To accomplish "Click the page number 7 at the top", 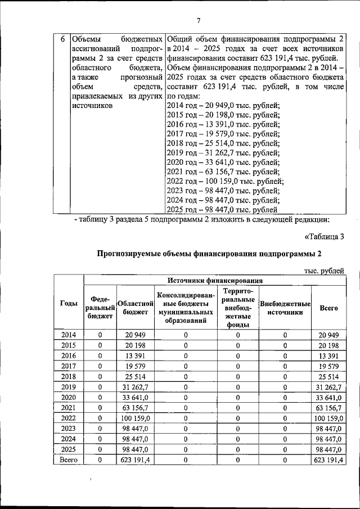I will [x=198, y=21].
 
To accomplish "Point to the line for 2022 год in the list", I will [x=226, y=181].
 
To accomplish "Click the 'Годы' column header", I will [x=69, y=304].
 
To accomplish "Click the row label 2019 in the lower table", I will [x=69, y=387].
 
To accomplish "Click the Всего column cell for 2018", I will [x=328, y=376].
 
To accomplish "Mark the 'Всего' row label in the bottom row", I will [x=69, y=460].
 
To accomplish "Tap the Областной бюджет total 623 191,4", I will [x=135, y=460].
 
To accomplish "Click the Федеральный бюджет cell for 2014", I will [x=100, y=335].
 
